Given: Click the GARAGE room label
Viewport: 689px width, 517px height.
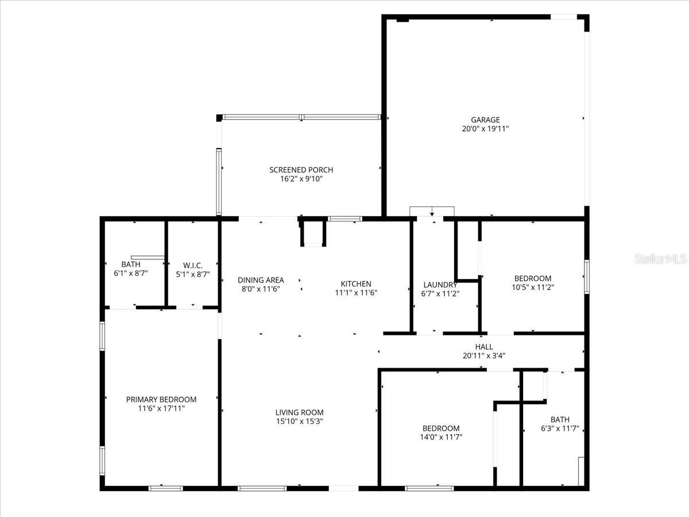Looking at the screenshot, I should click(485, 120).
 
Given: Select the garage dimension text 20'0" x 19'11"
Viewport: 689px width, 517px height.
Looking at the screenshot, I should click(485, 129).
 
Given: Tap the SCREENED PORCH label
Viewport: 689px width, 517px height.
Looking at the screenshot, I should click(301, 170).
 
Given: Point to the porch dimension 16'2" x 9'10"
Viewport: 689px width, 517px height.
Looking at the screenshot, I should click(301, 179).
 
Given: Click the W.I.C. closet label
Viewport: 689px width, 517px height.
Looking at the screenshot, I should click(192, 265).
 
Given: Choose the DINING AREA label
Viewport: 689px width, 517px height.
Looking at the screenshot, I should click(261, 280).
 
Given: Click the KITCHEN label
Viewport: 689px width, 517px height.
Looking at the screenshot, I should click(356, 284).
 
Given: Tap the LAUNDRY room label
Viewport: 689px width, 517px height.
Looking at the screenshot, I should click(440, 285).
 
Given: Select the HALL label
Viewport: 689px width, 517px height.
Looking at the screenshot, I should click(483, 347).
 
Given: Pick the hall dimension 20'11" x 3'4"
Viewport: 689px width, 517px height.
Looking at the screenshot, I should click(483, 356).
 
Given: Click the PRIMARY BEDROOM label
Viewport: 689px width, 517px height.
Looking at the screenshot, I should click(161, 399).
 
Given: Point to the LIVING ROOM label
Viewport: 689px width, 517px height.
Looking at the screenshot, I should click(299, 412).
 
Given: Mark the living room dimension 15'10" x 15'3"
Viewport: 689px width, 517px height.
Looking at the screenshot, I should click(299, 422).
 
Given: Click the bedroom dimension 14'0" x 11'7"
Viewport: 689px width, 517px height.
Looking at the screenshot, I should click(441, 437).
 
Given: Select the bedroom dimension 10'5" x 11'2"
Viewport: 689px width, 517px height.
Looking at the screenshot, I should click(533, 287).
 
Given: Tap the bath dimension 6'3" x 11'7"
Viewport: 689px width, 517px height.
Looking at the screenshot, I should click(560, 429).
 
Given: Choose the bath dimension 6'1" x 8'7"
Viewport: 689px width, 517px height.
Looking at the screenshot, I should click(131, 274).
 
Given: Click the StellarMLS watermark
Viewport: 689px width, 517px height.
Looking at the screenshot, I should click(660, 259).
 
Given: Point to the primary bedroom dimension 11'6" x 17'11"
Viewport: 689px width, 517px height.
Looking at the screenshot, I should click(161, 408).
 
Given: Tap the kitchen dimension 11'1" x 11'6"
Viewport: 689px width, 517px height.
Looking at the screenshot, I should click(356, 292).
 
